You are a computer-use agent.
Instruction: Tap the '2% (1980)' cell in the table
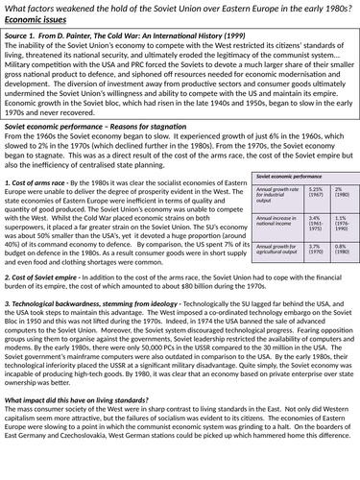[340, 193]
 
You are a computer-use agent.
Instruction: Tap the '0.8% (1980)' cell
[340, 250]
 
